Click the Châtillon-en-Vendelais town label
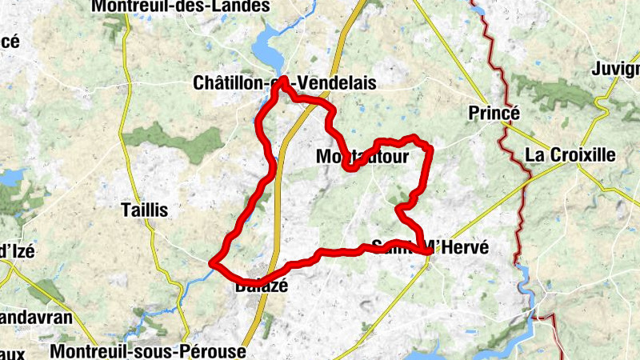point(284,83)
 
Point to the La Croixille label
point(570,155)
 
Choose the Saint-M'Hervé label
point(429,248)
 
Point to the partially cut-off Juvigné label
point(615,69)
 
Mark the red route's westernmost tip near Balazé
point(211,262)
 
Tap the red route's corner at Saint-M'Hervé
point(430,253)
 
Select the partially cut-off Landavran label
point(36,318)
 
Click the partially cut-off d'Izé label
point(17,250)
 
